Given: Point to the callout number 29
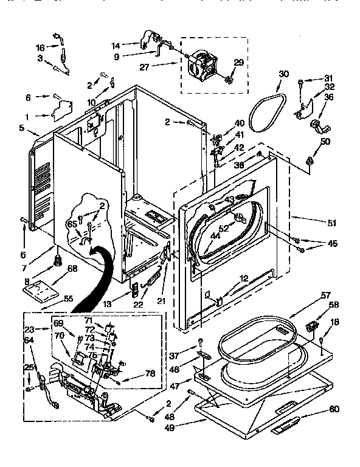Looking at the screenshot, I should [x=239, y=63].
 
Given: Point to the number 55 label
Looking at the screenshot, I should [x=67, y=299].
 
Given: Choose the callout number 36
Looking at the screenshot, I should [x=328, y=97].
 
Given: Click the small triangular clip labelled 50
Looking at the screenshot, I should [x=310, y=161].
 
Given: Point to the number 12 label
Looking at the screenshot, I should [x=243, y=278].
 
